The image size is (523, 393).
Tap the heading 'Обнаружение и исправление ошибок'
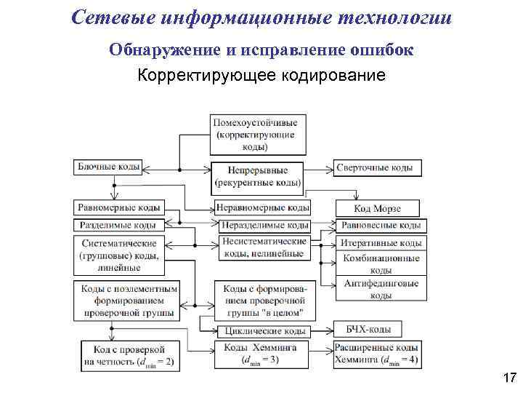(x=261, y=50)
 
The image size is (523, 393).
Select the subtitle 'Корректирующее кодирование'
(x=261, y=75)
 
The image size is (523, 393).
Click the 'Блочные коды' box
(x=109, y=167)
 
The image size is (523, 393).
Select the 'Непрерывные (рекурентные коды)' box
(x=258, y=176)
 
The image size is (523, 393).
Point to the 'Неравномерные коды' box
(x=262, y=207)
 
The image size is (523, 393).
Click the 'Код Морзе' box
(x=377, y=209)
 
